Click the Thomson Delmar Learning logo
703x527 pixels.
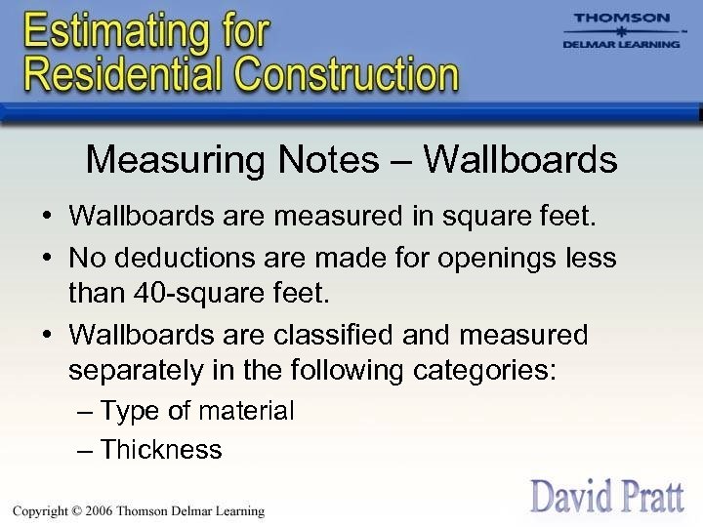[x=621, y=31]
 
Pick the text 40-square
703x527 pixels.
[x=204, y=293]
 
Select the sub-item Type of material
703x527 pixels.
[x=196, y=412]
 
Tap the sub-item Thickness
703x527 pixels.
[x=161, y=450]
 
